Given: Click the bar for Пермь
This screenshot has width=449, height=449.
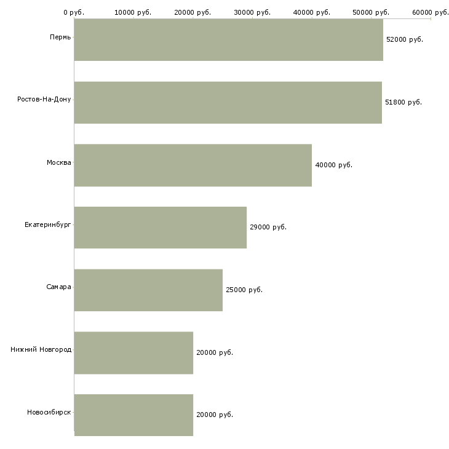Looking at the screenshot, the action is coord(229,40).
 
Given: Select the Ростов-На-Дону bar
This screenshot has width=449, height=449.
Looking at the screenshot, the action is coord(228,103).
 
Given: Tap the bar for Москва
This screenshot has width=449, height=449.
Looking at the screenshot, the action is coord(193,165).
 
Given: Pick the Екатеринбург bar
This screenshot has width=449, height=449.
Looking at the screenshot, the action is coord(161,228).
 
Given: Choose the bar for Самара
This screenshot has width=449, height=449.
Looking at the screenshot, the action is coord(148,290).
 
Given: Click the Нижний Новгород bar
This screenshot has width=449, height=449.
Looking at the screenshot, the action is coord(133,353).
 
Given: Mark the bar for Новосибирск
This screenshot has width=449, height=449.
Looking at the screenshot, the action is coord(133,415).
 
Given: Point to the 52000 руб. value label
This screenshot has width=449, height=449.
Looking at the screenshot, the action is coord(405,39).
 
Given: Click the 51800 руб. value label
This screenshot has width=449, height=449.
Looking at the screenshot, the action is coord(403,102).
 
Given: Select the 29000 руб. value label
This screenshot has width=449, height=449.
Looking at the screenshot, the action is coord(268,227).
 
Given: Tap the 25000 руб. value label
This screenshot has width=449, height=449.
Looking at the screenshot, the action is coord(244,290).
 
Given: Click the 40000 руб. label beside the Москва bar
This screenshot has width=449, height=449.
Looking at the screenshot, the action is coord(334,165).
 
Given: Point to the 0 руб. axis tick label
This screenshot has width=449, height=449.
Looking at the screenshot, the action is coord(74,12).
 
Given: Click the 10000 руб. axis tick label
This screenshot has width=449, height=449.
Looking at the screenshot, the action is coord(133,12).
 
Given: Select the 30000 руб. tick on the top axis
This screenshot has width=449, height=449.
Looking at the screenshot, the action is coord(252,12).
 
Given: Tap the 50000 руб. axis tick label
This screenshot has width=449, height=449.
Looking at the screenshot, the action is coord(371,12).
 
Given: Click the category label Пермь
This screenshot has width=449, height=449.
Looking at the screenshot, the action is coord(60,38).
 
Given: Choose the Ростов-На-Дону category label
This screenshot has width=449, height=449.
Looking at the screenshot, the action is coord(44,100).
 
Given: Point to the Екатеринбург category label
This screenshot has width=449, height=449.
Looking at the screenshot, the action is coord(47,224).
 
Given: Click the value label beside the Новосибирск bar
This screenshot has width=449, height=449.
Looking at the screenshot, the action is coord(215,415).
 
